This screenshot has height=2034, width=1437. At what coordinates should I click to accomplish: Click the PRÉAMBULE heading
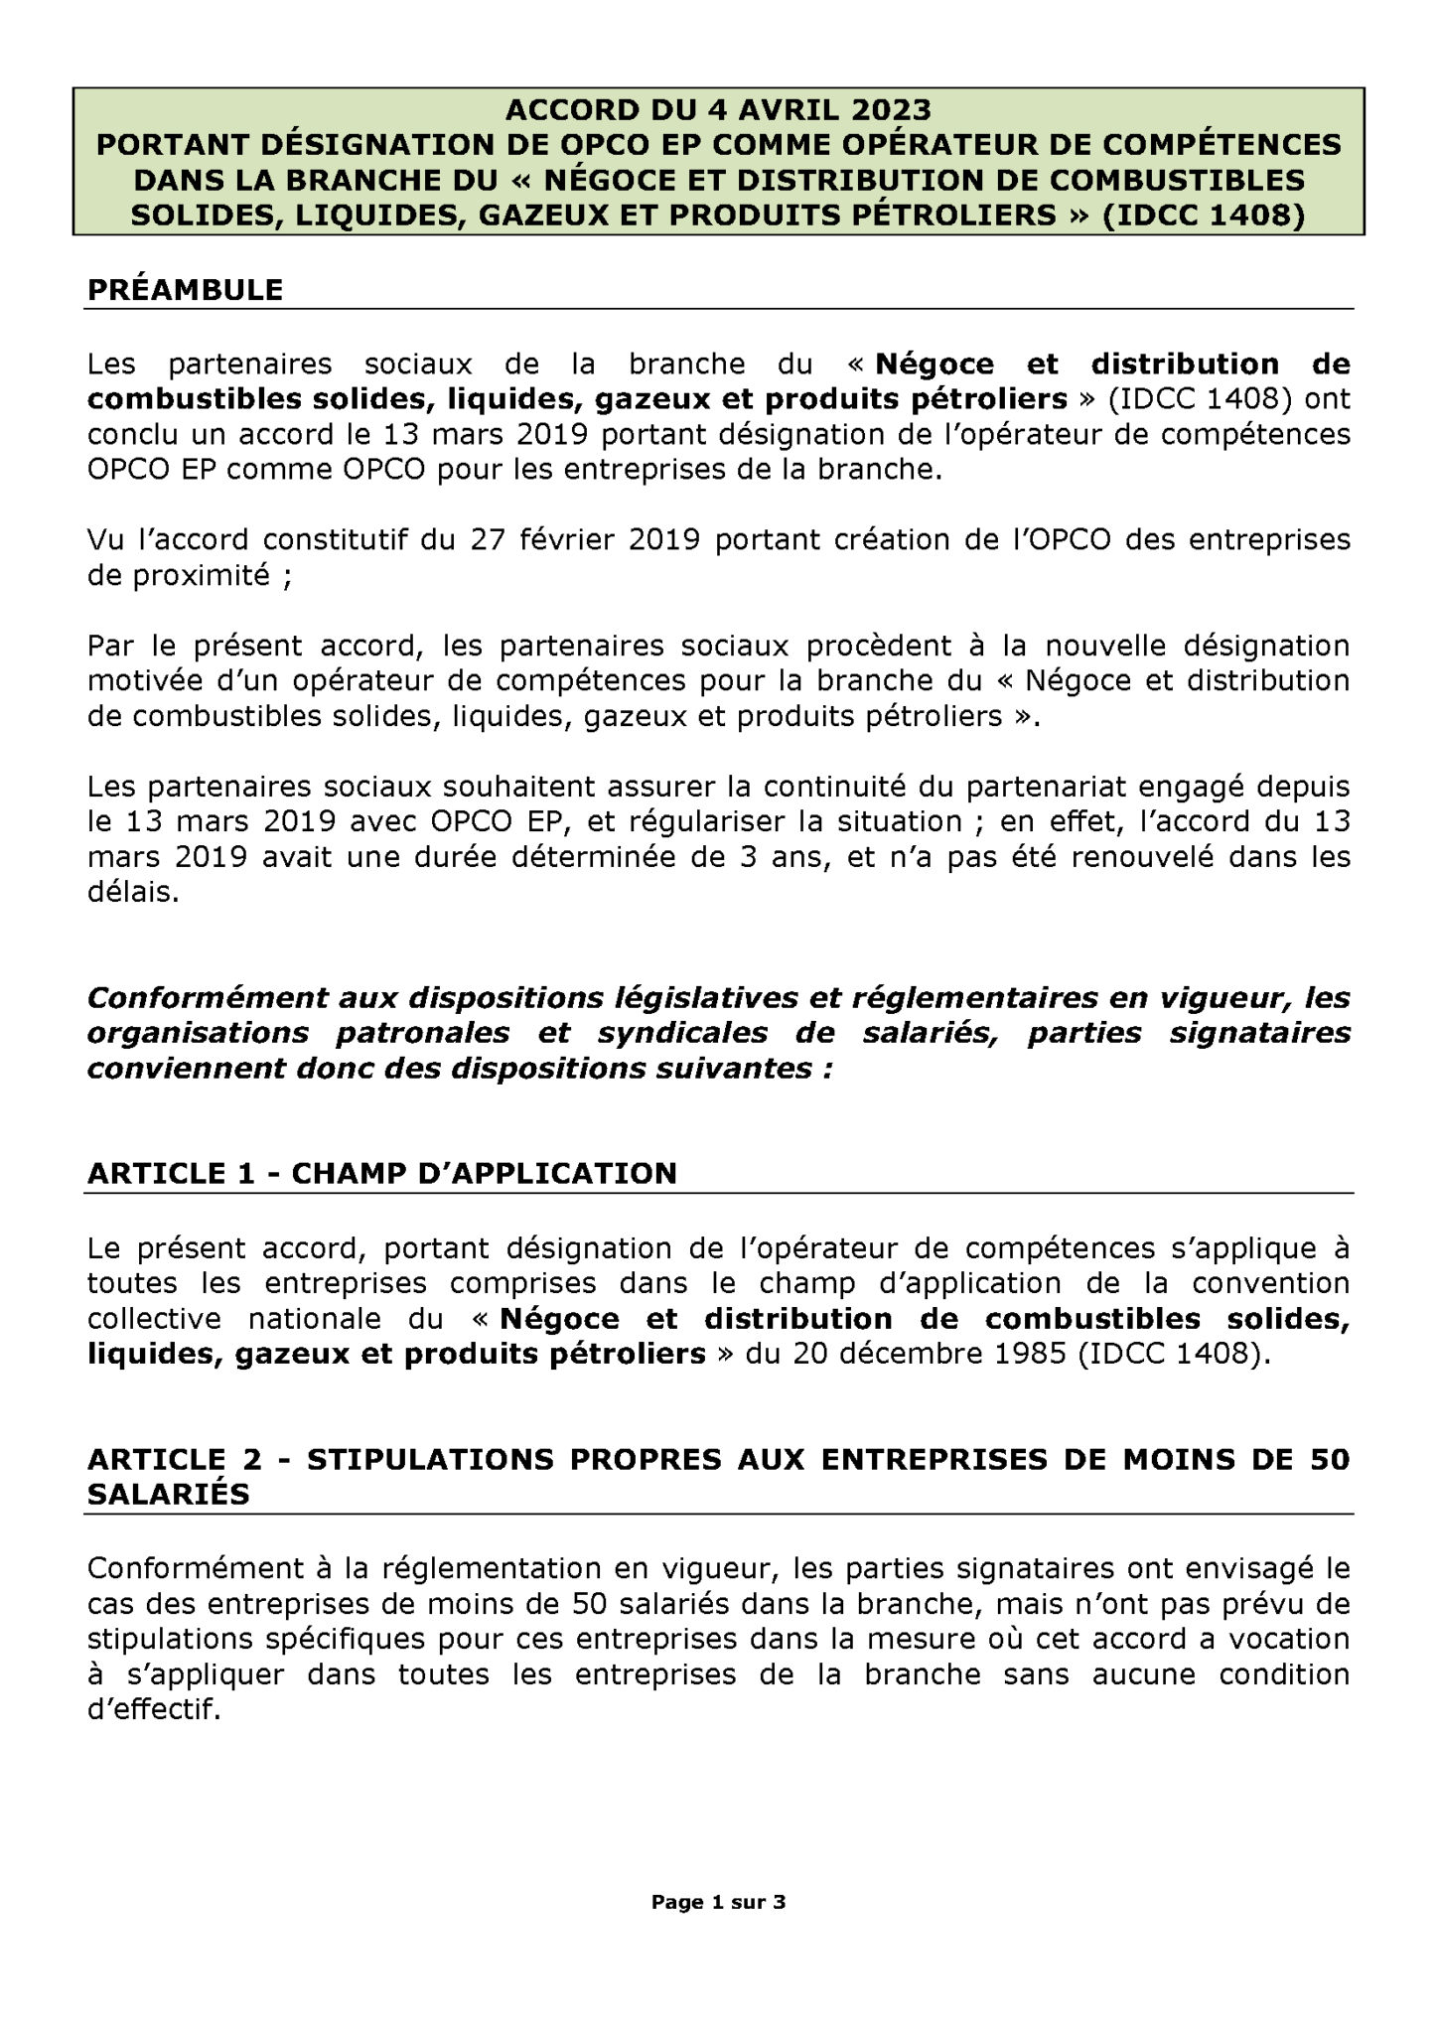[x=186, y=290]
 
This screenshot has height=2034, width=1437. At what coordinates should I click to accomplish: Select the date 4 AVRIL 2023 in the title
[x=805, y=109]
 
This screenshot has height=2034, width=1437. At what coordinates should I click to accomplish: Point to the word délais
[x=134, y=893]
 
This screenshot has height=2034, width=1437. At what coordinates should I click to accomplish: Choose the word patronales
[x=422, y=1033]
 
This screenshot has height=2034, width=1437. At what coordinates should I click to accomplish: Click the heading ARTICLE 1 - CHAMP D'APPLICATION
[x=382, y=1173]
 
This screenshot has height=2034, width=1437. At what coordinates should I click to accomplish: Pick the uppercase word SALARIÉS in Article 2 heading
[x=169, y=1494]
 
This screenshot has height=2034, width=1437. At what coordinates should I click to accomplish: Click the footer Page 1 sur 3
[x=718, y=1903]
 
